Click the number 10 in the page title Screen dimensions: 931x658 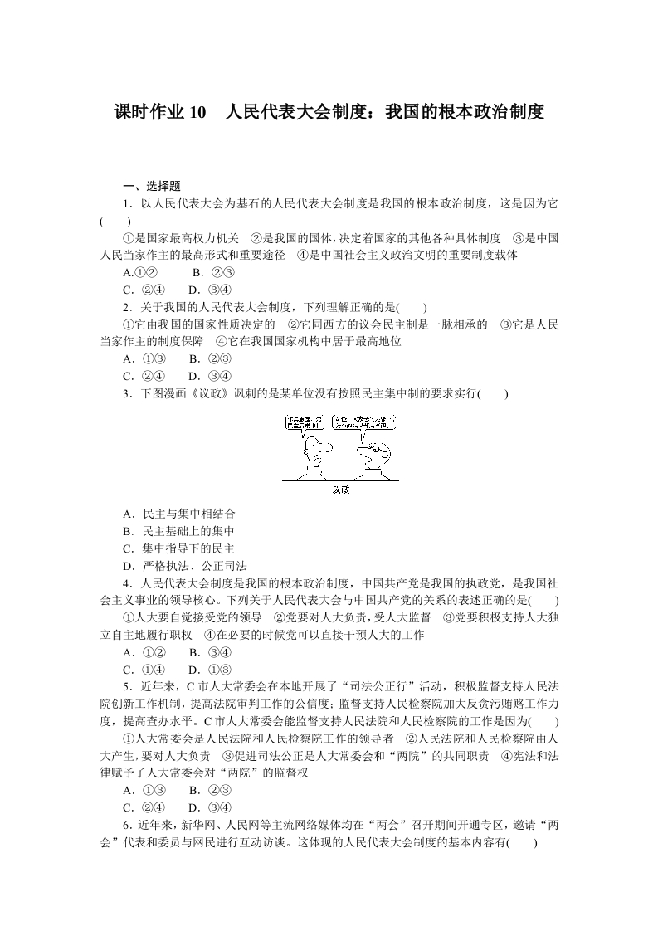[196, 112]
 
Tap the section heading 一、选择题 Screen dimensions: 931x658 [151, 187]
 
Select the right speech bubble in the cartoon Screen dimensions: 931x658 [362, 422]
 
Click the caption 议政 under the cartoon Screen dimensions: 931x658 [340, 490]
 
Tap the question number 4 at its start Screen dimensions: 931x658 [125, 583]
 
